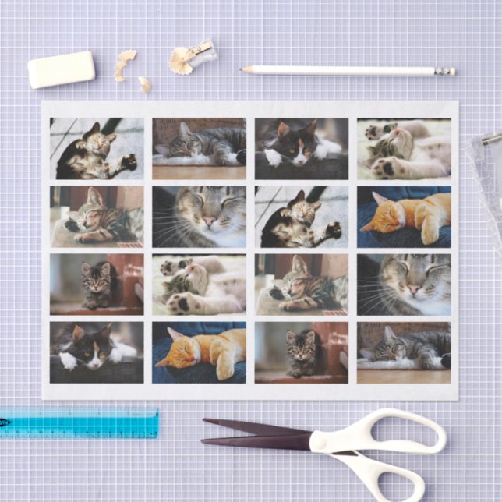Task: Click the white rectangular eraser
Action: [x=61, y=69]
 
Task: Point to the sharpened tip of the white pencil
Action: [x=245, y=69]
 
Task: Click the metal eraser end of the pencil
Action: [x=446, y=71]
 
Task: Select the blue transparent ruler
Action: [x=78, y=422]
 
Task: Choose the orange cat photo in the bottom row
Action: [x=199, y=352]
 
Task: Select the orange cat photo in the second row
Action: [x=404, y=216]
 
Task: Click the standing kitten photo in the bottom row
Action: [x=301, y=352]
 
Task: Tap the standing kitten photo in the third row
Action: [x=97, y=284]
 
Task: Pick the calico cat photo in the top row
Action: [x=301, y=148]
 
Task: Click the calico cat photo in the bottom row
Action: [x=97, y=352]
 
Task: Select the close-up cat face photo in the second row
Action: [x=199, y=216]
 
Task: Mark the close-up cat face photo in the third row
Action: [x=404, y=284]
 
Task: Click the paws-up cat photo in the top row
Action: [x=404, y=148]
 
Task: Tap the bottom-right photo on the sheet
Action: [x=404, y=352]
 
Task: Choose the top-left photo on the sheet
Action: [x=97, y=148]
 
